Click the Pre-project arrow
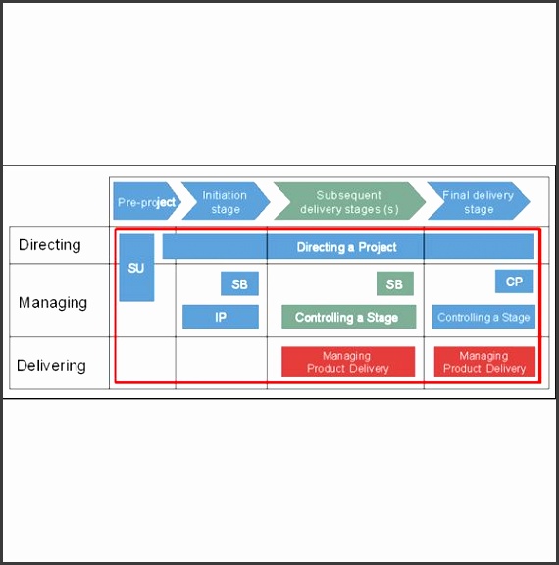point(146,201)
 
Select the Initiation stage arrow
point(226,201)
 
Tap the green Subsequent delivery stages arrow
point(349,201)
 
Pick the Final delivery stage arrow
point(479,201)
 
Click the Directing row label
point(50,245)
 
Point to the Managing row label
point(53,303)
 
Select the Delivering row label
point(52,366)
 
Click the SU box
point(136,268)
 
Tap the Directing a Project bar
point(347,247)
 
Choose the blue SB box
point(239,283)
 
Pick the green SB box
point(395,283)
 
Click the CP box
point(514,282)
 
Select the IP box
point(221,317)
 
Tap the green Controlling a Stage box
point(349,317)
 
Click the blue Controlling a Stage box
point(483,317)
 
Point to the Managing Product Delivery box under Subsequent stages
point(348,362)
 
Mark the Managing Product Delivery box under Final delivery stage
point(484,362)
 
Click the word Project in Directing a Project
point(378,247)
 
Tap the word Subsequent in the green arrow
point(349,195)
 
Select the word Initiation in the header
point(225,195)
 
